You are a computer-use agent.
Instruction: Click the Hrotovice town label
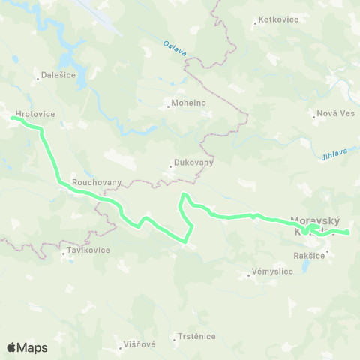[x=34, y=114]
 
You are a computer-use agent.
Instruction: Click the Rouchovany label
[x=92, y=181]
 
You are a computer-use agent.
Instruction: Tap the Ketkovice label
[x=278, y=19]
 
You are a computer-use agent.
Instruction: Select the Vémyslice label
[x=272, y=270]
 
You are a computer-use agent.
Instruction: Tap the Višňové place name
[x=139, y=345]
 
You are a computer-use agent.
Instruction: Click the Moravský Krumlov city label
[x=315, y=226]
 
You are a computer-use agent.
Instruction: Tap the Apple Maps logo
[x=27, y=347]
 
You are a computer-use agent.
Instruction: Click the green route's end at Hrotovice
[x=13, y=117]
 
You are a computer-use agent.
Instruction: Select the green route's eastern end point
[x=348, y=233]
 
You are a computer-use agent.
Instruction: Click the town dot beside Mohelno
[x=169, y=105]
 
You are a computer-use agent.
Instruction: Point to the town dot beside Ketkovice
[x=255, y=23]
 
